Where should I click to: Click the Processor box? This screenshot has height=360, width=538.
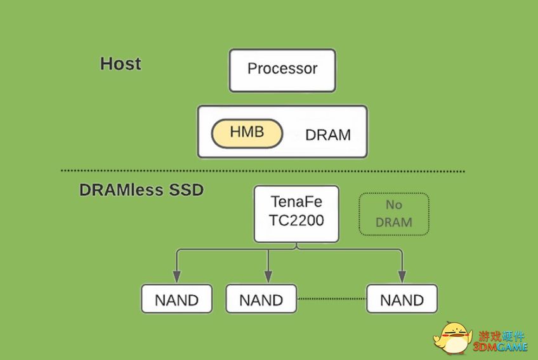tap(282, 70)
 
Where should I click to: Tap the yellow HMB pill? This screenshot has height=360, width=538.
tap(247, 133)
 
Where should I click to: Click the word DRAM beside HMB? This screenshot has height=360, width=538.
tap(328, 135)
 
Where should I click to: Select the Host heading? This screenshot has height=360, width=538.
tap(121, 64)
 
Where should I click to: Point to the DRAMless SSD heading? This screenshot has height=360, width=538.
tap(141, 190)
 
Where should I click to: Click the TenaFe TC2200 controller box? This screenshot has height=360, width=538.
tap(296, 214)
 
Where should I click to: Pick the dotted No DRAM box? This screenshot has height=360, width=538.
tap(394, 214)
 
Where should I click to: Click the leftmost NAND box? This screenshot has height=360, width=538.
tap(177, 298)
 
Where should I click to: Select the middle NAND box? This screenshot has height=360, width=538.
tap(261, 298)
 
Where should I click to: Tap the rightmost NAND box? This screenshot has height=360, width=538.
tap(402, 298)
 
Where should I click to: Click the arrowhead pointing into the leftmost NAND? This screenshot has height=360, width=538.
tap(177, 277)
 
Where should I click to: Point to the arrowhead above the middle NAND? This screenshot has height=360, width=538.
tap(268, 277)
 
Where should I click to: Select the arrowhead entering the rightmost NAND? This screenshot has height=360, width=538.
tap(402, 277)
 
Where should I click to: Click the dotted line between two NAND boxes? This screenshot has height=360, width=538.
tap(332, 299)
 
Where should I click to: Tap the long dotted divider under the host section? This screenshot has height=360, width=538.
tap(263, 170)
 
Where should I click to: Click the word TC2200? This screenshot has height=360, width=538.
tap(296, 220)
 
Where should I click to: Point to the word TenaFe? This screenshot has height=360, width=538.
tap(296, 202)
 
